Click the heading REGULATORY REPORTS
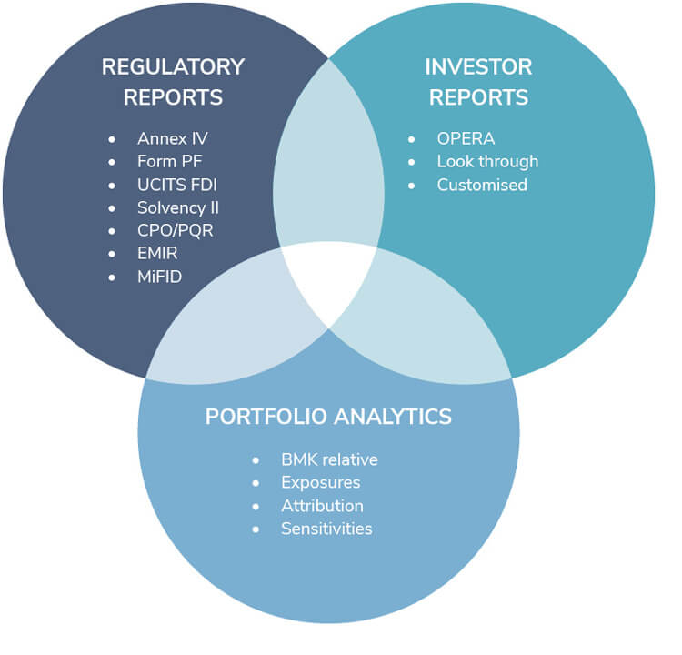pyautogui.click(x=173, y=81)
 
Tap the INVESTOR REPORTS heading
pyautogui.click(x=478, y=81)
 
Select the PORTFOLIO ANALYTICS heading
pyautogui.click(x=328, y=416)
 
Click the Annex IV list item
pyautogui.click(x=173, y=139)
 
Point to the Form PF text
pyautogui.click(x=171, y=162)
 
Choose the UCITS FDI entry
pyautogui.click(x=177, y=185)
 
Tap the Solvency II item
pyautogui.click(x=178, y=207)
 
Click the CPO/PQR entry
pyautogui.click(x=175, y=230)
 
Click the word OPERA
pyautogui.click(x=466, y=138)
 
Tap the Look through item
pyautogui.click(x=487, y=161)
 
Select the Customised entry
pyautogui.click(x=482, y=185)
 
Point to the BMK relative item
pyautogui.click(x=329, y=459)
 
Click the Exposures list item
pyautogui.click(x=320, y=482)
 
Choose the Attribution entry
pyautogui.click(x=322, y=506)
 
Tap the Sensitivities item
pyautogui.click(x=326, y=529)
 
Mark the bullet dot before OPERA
pyautogui.click(x=412, y=139)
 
